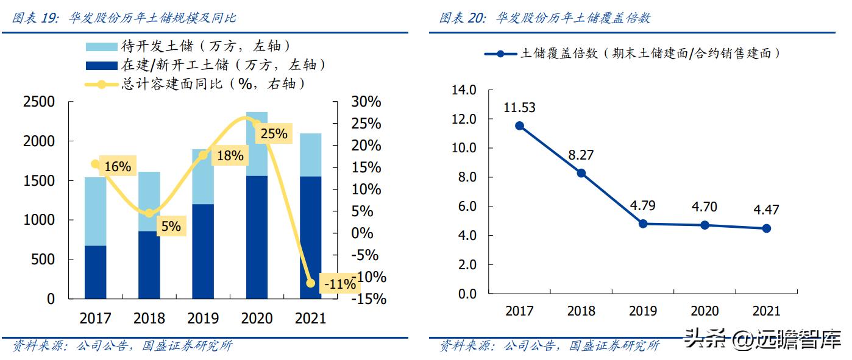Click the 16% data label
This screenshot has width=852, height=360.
pyautogui.click(x=117, y=166)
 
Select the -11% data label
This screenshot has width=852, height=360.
pyautogui.click(x=339, y=284)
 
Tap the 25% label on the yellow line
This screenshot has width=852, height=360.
pyautogui.click(x=273, y=133)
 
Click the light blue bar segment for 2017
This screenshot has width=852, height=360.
pyautogui.click(x=95, y=211)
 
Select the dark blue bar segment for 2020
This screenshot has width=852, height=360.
pyautogui.click(x=257, y=237)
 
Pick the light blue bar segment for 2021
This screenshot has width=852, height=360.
pyautogui.click(x=310, y=155)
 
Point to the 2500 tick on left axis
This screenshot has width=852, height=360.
pyautogui.click(x=39, y=102)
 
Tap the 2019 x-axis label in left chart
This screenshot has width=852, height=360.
pyautogui.click(x=203, y=318)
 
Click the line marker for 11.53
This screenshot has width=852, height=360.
pyautogui.click(x=519, y=125)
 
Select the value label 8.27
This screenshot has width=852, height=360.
pyautogui.click(x=581, y=155)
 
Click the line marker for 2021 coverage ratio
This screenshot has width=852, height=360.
pyautogui.click(x=766, y=228)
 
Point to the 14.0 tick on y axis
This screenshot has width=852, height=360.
pyautogui.click(x=464, y=90)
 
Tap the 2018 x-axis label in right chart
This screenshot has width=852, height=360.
pyautogui.click(x=581, y=311)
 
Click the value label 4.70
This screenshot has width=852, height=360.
pyautogui.click(x=705, y=206)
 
